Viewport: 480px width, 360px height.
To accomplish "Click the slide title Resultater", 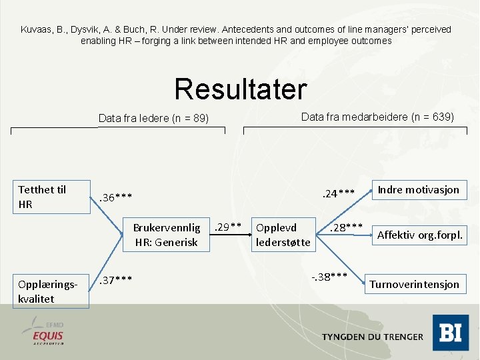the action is click(240, 89).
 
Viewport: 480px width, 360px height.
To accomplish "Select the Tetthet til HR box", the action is click(52, 197).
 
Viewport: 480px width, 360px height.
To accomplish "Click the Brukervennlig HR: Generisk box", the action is click(167, 235).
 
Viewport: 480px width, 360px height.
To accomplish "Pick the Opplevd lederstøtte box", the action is click(283, 235).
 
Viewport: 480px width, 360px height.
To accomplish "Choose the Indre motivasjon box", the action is click(418, 190).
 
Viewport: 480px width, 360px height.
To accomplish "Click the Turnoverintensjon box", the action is click(414, 284).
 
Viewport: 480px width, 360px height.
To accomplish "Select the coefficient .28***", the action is click(346, 228).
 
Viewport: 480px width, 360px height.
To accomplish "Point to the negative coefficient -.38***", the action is click(329, 275).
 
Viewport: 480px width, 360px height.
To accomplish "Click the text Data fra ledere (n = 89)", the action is click(153, 119).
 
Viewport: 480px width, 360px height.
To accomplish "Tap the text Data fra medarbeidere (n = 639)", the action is click(377, 117).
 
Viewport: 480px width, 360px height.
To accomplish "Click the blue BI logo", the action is click(450, 332).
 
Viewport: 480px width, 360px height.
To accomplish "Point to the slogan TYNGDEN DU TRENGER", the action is click(372, 337).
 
